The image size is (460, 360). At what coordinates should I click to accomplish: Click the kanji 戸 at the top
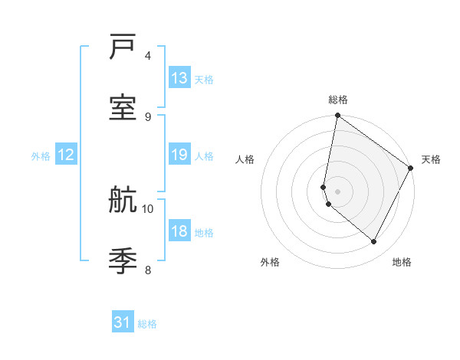point(123,49)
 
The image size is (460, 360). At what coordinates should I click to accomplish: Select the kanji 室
point(123,108)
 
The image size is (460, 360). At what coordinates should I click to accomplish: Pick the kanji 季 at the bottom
point(123,261)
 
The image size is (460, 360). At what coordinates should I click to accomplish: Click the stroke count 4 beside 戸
point(148,56)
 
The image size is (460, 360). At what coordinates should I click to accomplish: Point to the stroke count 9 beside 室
point(148,116)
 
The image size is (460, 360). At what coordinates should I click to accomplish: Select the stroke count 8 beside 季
point(148,270)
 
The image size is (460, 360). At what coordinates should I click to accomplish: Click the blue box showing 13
point(179,78)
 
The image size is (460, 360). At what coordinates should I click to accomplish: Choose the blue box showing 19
point(179,155)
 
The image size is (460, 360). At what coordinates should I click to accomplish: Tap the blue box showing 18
point(179,231)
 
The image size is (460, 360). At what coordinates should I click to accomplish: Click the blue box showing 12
point(66,155)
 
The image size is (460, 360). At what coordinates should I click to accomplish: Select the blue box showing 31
point(123,322)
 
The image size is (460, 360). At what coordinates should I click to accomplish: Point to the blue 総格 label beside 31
point(148,324)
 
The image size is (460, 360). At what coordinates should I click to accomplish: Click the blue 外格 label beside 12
point(41,156)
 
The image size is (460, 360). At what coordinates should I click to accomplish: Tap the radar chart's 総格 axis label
point(337,100)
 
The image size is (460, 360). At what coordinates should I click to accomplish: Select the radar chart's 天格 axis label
point(431,159)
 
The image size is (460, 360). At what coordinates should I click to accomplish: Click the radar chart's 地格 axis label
point(402,262)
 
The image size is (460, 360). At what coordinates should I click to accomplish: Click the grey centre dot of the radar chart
point(337,191)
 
